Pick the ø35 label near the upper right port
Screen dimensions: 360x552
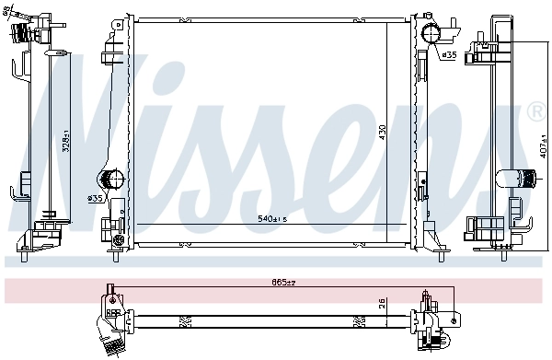[x=448, y=55]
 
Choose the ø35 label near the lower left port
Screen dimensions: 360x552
[x=94, y=197]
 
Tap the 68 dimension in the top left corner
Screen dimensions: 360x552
[x=9, y=11]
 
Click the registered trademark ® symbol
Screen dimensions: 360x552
[x=536, y=112]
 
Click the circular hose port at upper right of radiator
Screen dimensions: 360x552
[x=431, y=34]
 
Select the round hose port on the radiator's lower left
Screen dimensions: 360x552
[x=111, y=180]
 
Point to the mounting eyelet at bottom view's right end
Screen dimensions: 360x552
[x=454, y=319]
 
